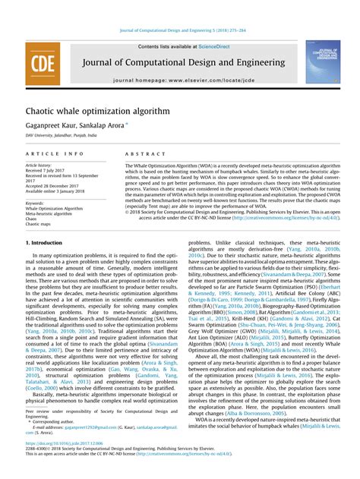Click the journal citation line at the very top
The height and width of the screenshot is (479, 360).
point(180,30)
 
